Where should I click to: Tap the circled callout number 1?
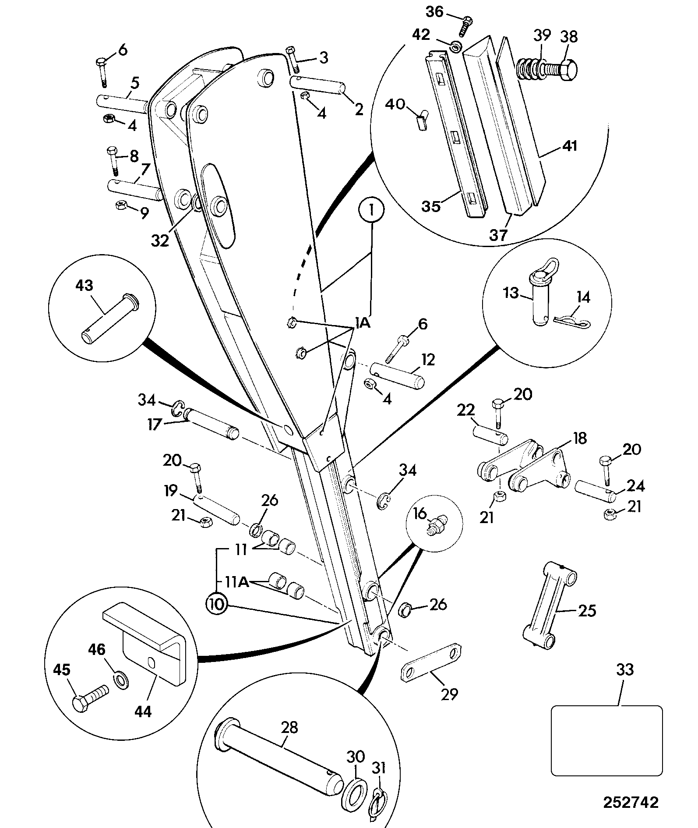click(x=371, y=211)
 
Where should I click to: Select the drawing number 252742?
click(x=631, y=802)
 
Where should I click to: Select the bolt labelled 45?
click(x=91, y=698)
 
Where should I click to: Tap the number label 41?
click(x=569, y=145)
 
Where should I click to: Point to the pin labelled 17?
click(x=212, y=424)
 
